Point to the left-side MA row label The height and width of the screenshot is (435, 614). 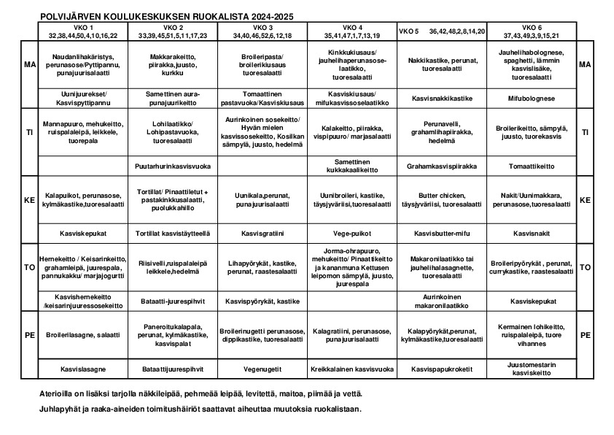click(30, 65)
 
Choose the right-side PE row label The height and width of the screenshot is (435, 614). click(585, 335)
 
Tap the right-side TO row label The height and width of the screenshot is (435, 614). click(585, 267)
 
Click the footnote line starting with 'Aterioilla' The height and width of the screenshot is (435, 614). click(200, 394)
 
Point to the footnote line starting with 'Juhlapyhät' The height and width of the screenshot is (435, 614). click(200, 409)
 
